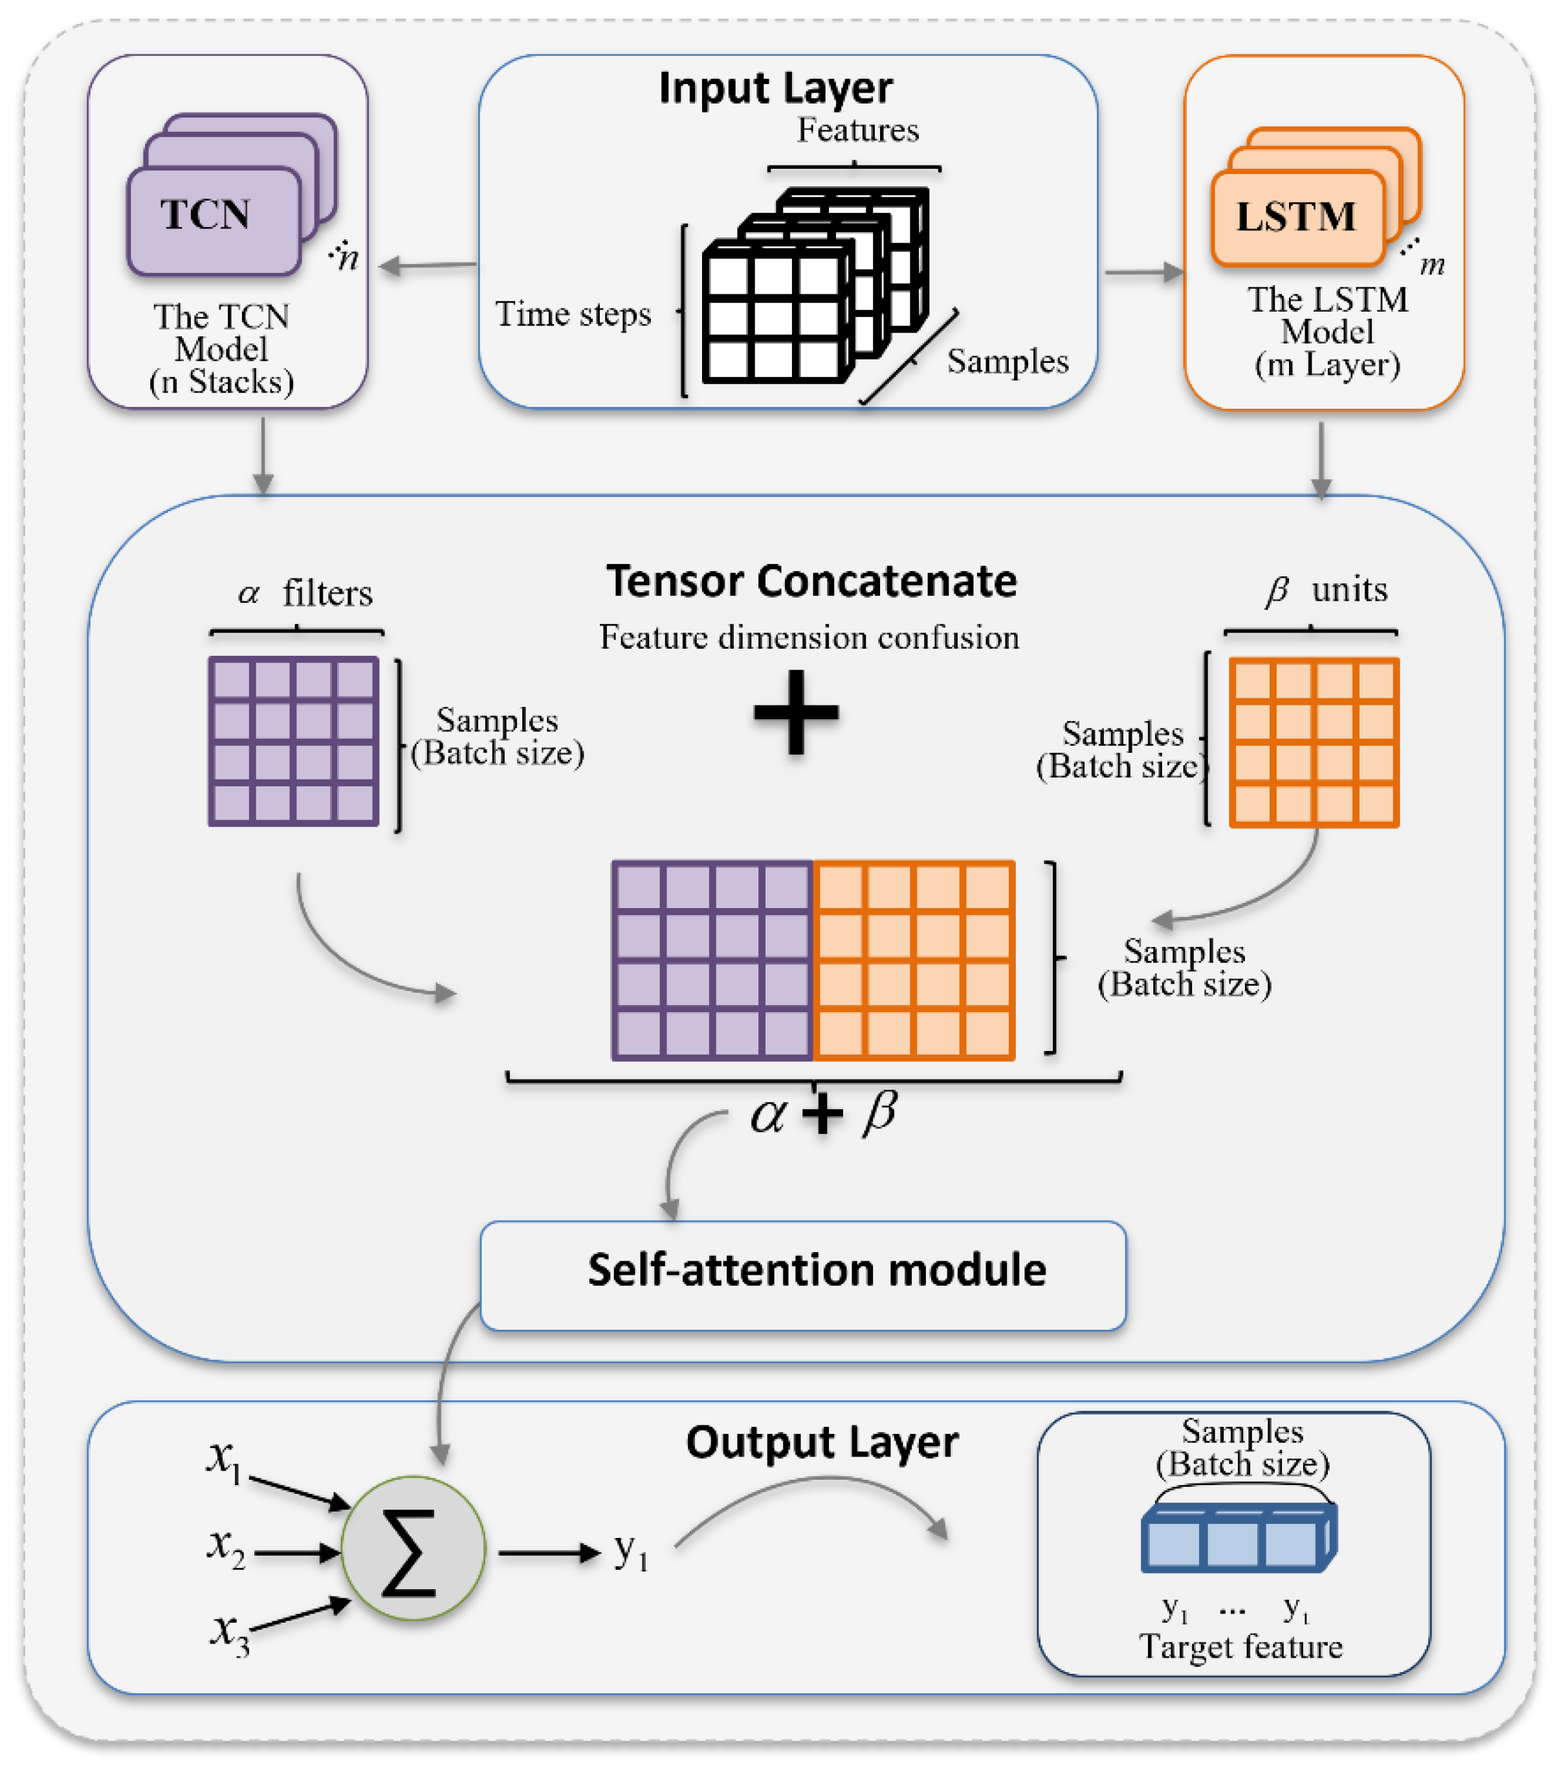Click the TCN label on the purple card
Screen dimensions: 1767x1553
pyautogui.click(x=206, y=214)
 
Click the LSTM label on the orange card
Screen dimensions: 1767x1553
pyautogui.click(x=1295, y=216)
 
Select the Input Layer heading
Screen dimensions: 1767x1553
pyautogui.click(x=776, y=88)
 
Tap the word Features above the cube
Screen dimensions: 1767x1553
pyautogui.click(x=857, y=131)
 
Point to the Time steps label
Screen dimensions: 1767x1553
pyautogui.click(x=573, y=314)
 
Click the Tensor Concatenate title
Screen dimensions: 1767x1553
pyautogui.click(x=811, y=581)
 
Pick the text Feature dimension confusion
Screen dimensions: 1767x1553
pyautogui.click(x=810, y=638)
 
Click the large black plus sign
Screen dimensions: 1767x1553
pyautogui.click(x=795, y=712)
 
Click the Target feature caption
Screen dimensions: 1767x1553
pyautogui.click(x=1241, y=1647)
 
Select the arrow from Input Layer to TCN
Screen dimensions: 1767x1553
pyautogui.click(x=428, y=265)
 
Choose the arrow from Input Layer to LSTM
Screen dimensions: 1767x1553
pyautogui.click(x=1143, y=273)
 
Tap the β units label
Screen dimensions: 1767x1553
pyautogui.click(x=1327, y=591)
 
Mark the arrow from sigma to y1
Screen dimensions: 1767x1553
pyautogui.click(x=549, y=1554)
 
